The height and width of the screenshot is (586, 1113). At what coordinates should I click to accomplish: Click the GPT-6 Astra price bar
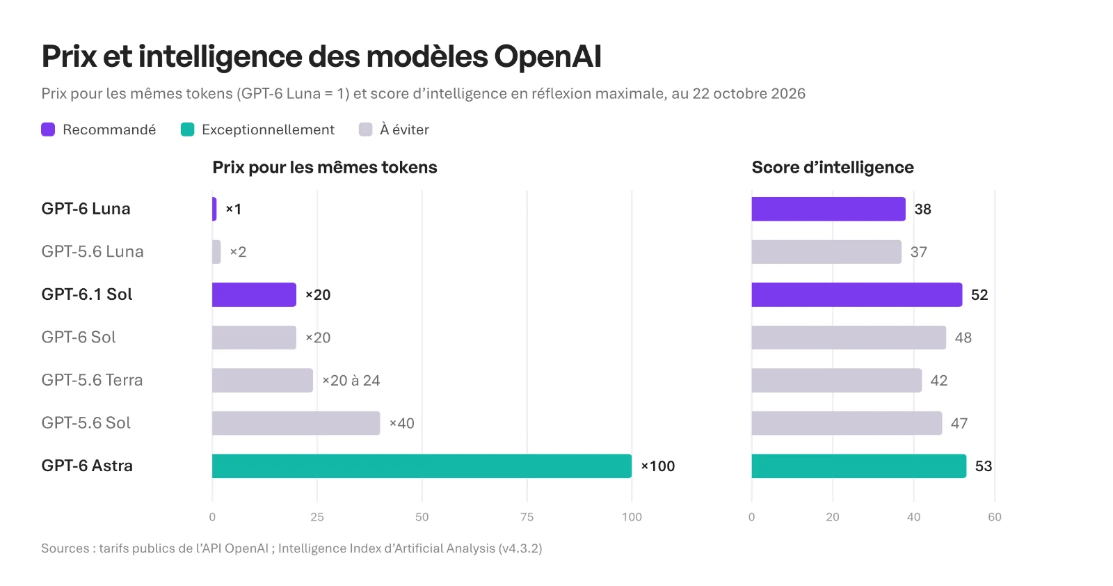(x=422, y=466)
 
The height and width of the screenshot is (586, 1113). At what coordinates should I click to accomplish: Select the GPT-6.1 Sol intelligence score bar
(x=856, y=294)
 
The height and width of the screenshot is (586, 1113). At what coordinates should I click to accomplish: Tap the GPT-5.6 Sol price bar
(x=296, y=423)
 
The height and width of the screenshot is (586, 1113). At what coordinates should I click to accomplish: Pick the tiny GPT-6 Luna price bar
(x=214, y=209)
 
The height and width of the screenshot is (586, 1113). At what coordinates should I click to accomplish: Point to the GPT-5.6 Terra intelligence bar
(x=837, y=380)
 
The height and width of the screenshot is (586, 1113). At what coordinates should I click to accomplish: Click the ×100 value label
(x=658, y=466)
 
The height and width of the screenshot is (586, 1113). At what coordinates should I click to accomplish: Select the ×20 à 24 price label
(x=351, y=381)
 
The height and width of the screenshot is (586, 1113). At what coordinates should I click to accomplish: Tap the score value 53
(x=984, y=466)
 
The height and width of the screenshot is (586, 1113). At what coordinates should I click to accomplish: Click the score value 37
(x=919, y=252)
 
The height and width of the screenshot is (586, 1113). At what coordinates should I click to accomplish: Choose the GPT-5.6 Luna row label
(x=93, y=251)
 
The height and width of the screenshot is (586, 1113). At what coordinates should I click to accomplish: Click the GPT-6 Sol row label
(x=79, y=337)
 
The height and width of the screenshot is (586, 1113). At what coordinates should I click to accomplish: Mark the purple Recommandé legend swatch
(x=48, y=129)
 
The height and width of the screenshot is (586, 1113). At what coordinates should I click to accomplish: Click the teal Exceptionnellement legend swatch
(x=187, y=129)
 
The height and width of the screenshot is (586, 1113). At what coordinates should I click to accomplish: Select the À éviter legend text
(x=404, y=129)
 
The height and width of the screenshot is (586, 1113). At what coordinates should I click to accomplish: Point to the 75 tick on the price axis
(x=527, y=517)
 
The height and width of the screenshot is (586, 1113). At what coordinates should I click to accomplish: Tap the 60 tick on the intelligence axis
(x=995, y=517)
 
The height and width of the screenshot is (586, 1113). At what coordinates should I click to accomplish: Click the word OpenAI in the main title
(x=547, y=56)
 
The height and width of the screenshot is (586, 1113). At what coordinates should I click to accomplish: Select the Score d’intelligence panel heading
(x=833, y=168)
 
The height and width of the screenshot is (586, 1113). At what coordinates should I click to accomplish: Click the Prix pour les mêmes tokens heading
(x=325, y=168)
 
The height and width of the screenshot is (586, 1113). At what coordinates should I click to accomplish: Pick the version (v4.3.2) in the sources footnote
(x=520, y=548)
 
